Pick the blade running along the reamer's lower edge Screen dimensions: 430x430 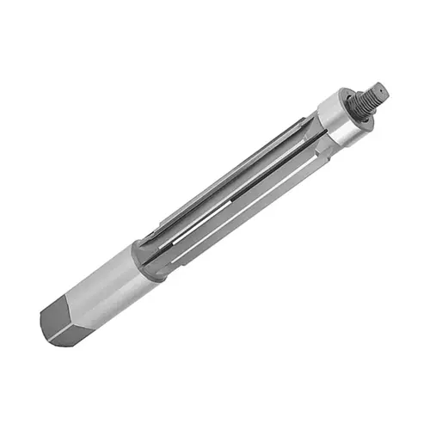pos(241,215)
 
